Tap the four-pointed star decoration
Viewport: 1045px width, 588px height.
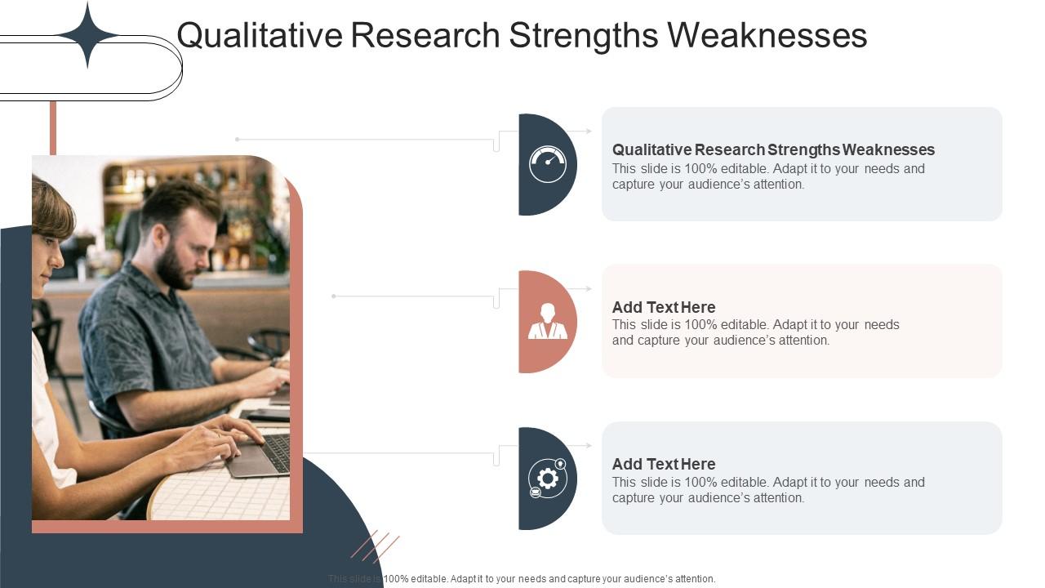pos(87,34)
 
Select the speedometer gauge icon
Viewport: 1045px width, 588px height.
pos(547,164)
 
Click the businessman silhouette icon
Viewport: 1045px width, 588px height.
pos(547,321)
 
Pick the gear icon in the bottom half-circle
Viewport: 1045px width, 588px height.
pos(547,478)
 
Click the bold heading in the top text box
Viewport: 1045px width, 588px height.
pos(773,149)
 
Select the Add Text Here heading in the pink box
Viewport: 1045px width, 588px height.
pos(664,307)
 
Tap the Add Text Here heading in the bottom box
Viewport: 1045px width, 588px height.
pos(664,464)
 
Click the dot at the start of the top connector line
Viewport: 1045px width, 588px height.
pos(237,140)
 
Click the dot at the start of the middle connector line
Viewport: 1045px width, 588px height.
pos(334,296)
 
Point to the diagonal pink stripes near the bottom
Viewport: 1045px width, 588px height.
pos(376,546)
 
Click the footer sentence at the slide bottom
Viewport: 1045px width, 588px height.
pos(522,579)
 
